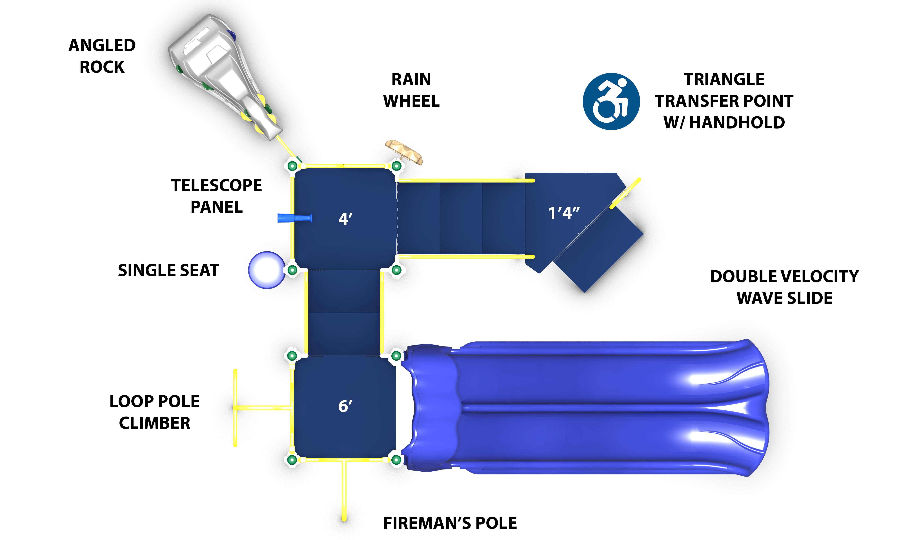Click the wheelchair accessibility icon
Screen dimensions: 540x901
click(611, 101)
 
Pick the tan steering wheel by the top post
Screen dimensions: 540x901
click(404, 151)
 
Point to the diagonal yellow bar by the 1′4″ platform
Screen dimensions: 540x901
click(625, 193)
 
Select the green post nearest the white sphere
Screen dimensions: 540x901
click(292, 270)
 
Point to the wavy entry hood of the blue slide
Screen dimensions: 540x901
click(433, 408)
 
